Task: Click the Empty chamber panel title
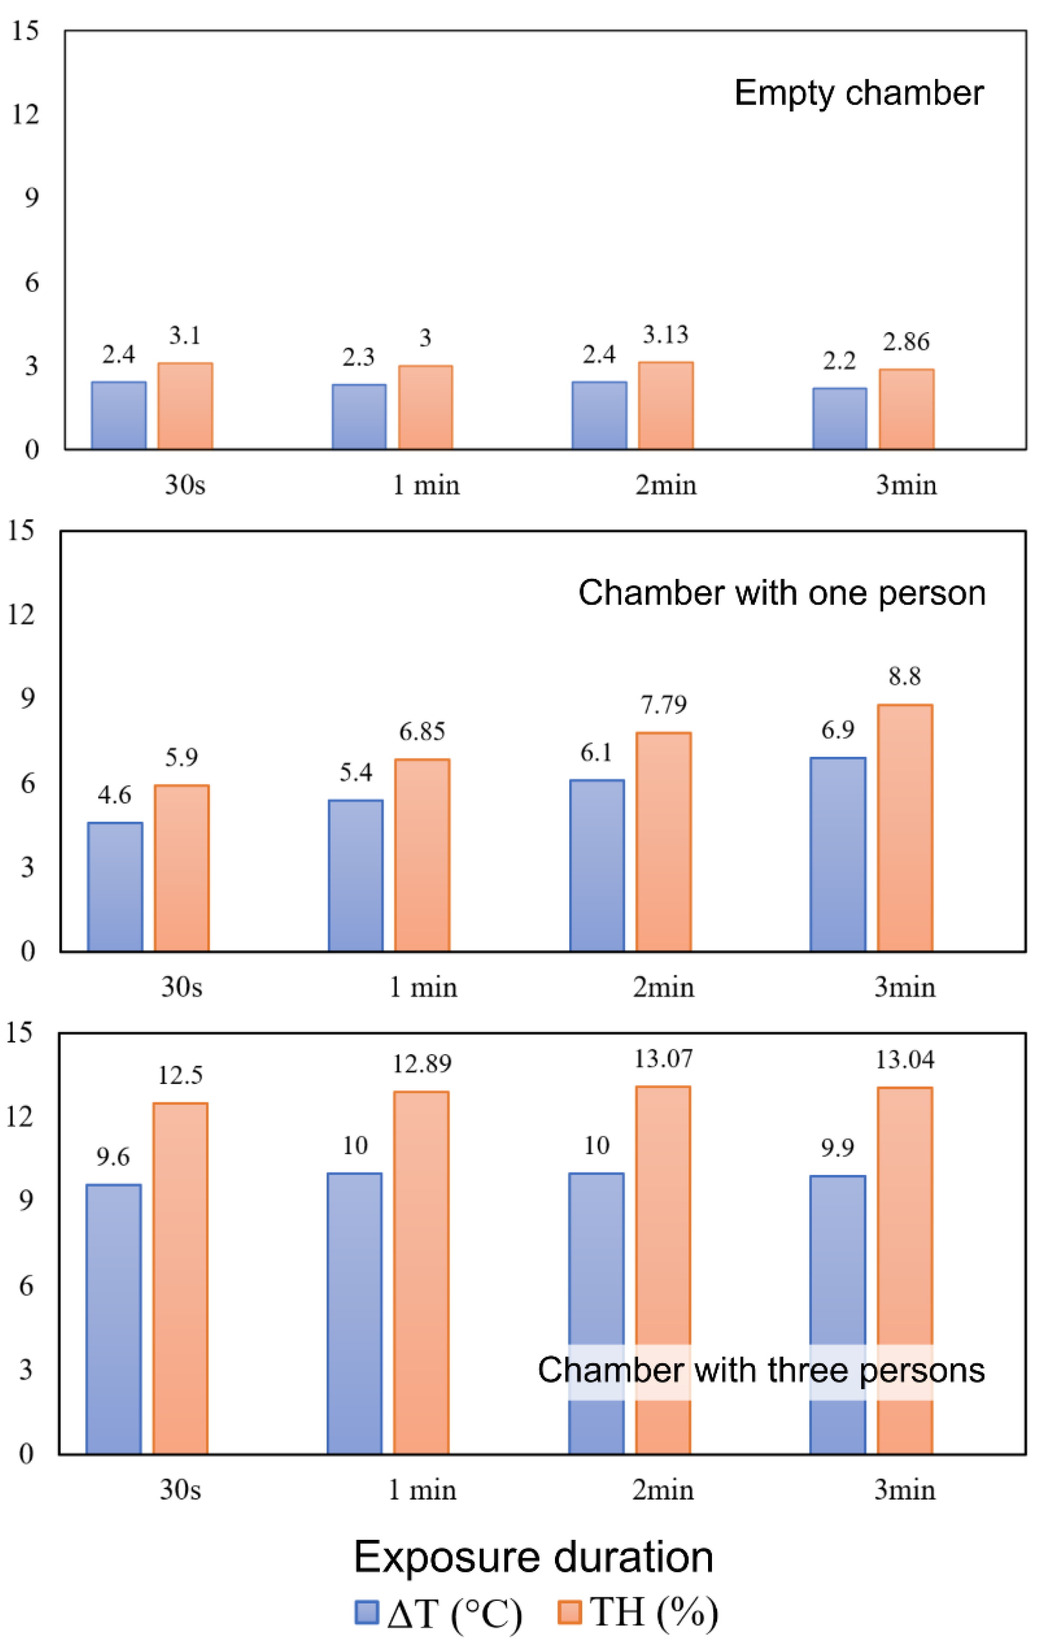click(859, 93)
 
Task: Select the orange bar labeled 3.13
click(665, 406)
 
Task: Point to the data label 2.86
click(906, 342)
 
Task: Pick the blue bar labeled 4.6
click(115, 887)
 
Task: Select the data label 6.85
click(422, 731)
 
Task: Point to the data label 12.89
click(421, 1064)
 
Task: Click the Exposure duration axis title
click(533, 1557)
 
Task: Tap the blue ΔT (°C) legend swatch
click(367, 1612)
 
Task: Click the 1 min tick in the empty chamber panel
click(425, 485)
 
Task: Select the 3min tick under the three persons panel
click(904, 1490)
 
